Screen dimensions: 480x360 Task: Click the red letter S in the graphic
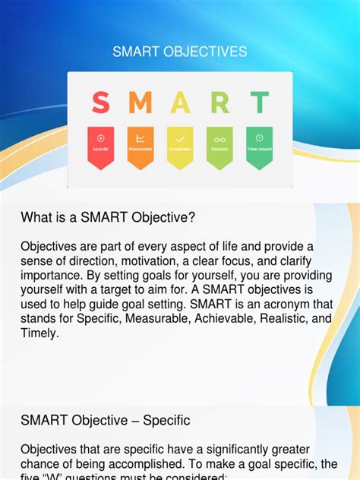point(100,103)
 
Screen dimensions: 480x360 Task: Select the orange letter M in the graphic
point(140,103)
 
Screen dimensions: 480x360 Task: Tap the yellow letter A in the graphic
point(180,103)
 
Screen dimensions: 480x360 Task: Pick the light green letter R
point(219,103)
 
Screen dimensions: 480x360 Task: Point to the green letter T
point(260,103)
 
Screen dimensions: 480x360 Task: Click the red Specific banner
point(101,147)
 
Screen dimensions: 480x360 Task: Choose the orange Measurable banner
point(141,147)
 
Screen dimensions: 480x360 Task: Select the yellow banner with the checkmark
point(180,147)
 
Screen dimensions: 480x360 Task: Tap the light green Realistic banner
point(219,147)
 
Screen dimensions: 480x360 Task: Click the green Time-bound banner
point(259,147)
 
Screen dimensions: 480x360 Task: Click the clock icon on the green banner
point(259,137)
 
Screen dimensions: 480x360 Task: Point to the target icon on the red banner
point(101,137)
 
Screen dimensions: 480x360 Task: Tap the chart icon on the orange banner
point(141,138)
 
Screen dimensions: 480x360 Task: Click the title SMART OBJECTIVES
point(179,52)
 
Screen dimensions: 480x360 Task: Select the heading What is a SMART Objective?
point(109,218)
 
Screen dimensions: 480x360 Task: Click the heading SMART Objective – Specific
point(106,420)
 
